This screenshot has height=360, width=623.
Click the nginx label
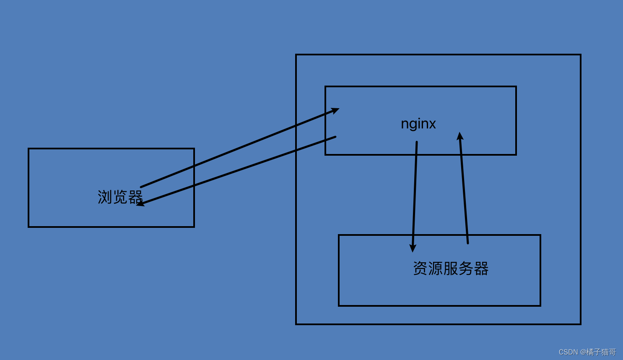pos(418,124)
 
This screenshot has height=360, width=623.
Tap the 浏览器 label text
pos(120,197)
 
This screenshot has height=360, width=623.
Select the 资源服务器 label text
pos(450,269)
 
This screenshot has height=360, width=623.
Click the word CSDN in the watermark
pos(568,352)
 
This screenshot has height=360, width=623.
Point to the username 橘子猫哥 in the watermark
pos(601,352)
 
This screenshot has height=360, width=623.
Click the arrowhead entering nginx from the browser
pos(335,110)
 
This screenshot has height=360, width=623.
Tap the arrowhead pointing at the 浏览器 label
pos(140,204)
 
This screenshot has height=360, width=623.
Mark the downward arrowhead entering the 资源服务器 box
pos(413,248)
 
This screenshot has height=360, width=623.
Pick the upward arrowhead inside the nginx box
pos(460,136)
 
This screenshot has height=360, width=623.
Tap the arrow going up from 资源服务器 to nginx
pos(464,189)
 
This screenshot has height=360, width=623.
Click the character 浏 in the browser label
pos(105,197)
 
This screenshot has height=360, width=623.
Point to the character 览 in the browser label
pos(120,197)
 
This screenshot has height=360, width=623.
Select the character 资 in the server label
pos(420,269)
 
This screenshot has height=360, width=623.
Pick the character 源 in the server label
pos(435,269)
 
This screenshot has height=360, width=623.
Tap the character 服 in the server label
pos(450,269)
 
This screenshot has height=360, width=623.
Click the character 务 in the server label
pos(465,269)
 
